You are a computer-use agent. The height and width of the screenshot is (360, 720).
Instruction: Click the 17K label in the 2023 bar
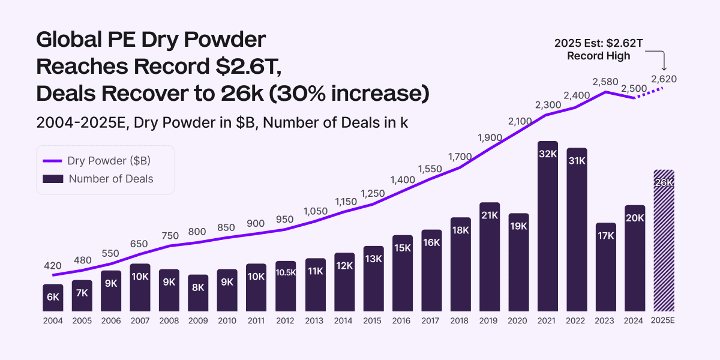pyautogui.click(x=606, y=236)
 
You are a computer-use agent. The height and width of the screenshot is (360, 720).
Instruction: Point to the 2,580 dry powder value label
pyautogui.click(x=606, y=81)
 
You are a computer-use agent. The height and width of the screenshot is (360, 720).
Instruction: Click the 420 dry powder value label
pyautogui.click(x=53, y=265)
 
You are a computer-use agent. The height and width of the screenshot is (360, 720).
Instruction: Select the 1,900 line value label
pyautogui.click(x=490, y=137)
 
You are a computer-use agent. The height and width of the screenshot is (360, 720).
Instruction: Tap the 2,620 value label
pyautogui.click(x=664, y=79)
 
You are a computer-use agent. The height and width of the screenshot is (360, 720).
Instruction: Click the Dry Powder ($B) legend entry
pyautogui.click(x=96, y=160)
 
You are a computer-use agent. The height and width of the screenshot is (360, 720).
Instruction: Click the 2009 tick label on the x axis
pyautogui.click(x=198, y=321)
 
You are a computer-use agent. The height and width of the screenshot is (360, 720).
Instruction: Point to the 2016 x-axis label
pyautogui.click(x=402, y=321)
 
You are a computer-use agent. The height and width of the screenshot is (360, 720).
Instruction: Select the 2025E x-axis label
pyautogui.click(x=664, y=321)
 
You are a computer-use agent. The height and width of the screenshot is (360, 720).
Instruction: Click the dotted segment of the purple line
pyautogui.click(x=649, y=92)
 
